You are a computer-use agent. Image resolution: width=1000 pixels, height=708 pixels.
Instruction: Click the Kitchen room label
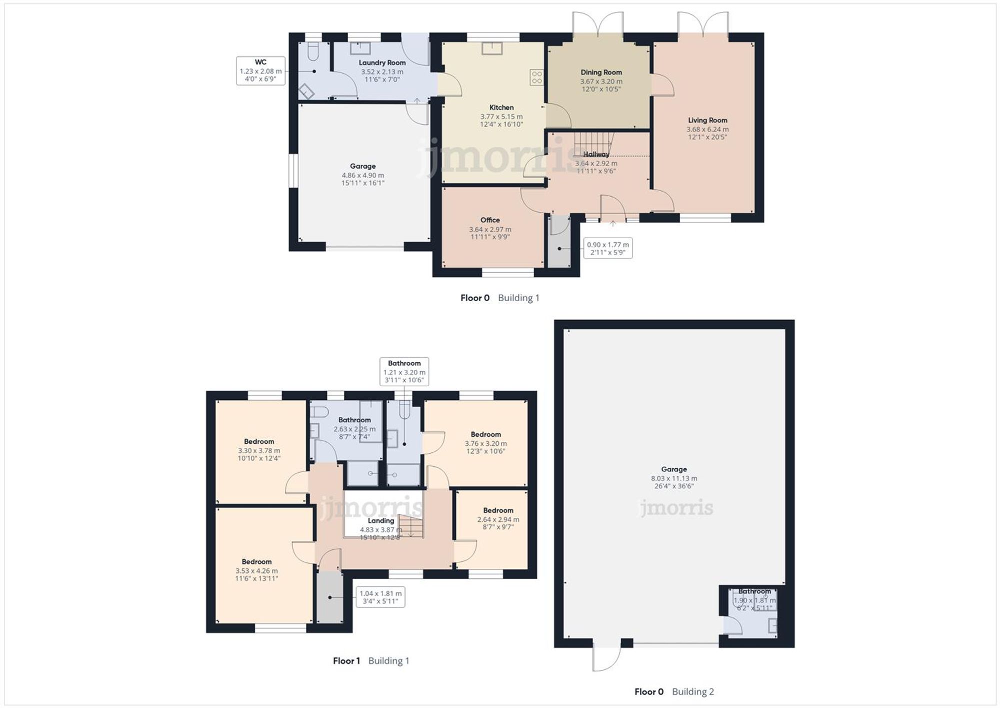click(x=501, y=108)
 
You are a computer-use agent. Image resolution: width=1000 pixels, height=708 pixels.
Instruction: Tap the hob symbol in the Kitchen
click(x=536, y=77)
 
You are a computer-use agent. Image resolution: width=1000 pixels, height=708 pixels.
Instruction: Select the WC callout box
click(x=260, y=71)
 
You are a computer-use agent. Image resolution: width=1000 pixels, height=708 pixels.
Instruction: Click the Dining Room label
click(x=601, y=73)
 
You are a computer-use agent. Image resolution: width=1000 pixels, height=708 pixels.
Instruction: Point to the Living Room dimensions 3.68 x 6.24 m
click(x=707, y=129)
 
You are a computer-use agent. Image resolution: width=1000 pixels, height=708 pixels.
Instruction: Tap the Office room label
click(x=490, y=220)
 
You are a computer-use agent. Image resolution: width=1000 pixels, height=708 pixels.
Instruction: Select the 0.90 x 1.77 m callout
click(x=607, y=248)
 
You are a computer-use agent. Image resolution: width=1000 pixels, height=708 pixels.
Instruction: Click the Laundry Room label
click(x=382, y=63)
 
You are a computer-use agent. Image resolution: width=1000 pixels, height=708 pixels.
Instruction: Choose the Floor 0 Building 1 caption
click(x=499, y=298)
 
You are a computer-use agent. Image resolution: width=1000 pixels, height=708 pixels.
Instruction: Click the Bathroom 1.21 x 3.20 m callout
click(x=404, y=371)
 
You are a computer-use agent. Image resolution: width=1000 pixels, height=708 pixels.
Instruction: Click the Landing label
click(x=380, y=521)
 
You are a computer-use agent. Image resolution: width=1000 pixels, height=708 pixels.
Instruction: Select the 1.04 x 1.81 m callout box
click(x=380, y=597)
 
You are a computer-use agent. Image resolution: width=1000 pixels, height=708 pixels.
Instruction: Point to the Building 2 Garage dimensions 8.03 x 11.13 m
click(x=673, y=478)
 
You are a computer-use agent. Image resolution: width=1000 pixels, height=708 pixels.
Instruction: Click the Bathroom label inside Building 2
click(x=754, y=591)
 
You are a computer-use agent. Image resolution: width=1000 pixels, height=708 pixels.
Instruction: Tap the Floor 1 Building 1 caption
click(x=371, y=660)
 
